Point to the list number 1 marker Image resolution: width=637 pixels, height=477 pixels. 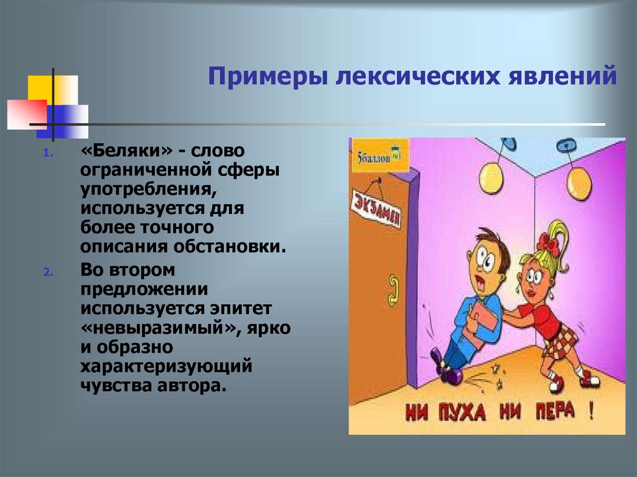point(49,154)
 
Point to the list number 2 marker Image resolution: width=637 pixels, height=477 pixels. point(49,273)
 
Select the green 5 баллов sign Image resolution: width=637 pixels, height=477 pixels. point(374,155)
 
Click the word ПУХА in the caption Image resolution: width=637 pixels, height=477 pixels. point(468,412)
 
